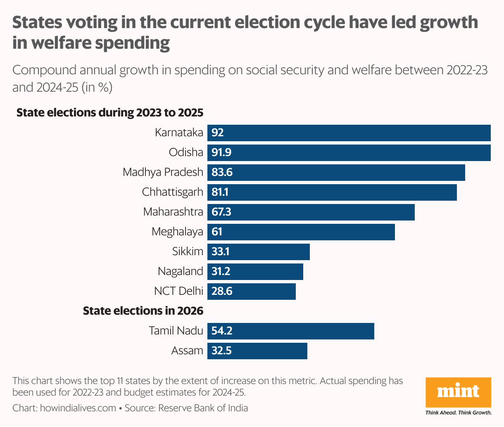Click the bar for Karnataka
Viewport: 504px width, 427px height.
(x=349, y=133)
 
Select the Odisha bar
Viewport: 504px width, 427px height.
(x=349, y=152)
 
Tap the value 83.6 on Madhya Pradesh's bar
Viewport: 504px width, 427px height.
(x=222, y=172)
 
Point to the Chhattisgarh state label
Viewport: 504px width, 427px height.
(x=172, y=192)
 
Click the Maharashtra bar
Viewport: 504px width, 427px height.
(x=311, y=212)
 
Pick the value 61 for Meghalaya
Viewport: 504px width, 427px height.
(x=217, y=232)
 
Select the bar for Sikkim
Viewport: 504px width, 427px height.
(x=259, y=251)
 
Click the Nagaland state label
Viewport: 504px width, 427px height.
(x=180, y=271)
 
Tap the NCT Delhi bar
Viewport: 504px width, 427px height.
(x=252, y=291)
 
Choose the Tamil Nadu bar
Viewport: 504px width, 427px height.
(x=291, y=331)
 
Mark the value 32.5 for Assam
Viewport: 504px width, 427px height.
(x=221, y=351)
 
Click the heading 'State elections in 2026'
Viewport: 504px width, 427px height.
(x=143, y=311)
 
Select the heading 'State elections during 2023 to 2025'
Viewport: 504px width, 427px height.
(x=109, y=112)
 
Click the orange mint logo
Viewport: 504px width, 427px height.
(x=458, y=392)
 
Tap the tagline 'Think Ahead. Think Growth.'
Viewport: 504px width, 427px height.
(x=458, y=412)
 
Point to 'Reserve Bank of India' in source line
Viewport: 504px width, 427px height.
(x=203, y=408)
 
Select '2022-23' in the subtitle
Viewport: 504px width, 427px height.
(x=467, y=70)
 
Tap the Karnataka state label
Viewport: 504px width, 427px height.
(x=179, y=133)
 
